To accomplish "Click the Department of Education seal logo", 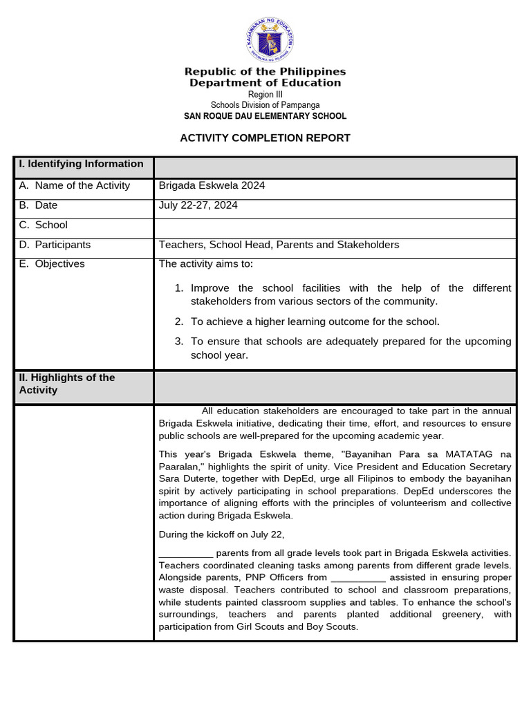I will [x=270, y=39].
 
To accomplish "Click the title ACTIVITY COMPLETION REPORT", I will [x=265, y=138].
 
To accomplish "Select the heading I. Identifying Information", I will [x=82, y=164].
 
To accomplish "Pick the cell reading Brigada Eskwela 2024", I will [x=212, y=185].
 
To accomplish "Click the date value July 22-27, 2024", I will [x=198, y=205].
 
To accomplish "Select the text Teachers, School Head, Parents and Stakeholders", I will [x=279, y=245].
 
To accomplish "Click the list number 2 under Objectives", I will [x=178, y=322].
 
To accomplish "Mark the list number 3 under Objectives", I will [x=178, y=342].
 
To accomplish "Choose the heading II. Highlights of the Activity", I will [x=67, y=384].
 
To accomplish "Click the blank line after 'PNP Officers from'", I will [x=357, y=578].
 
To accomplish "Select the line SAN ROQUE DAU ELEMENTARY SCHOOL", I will [x=265, y=116].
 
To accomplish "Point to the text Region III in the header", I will [x=265, y=95].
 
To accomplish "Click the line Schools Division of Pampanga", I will [x=265, y=105].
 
